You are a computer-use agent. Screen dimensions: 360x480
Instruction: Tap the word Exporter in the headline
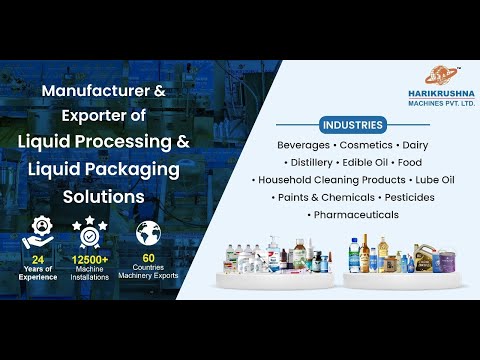click(x=92, y=116)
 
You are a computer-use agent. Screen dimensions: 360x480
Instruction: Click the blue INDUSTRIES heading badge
click(x=352, y=126)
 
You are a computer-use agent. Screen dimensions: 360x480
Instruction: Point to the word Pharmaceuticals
click(x=356, y=214)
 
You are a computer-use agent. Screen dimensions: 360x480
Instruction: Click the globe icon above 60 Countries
click(x=146, y=232)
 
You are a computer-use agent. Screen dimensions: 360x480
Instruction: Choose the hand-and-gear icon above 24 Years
click(x=38, y=231)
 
